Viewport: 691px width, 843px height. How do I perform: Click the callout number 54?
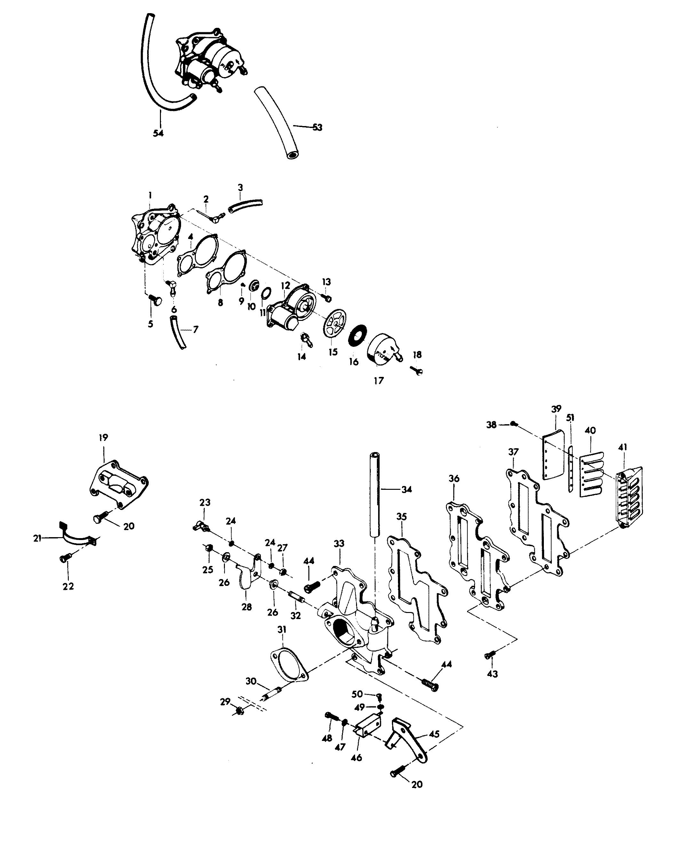coord(158,133)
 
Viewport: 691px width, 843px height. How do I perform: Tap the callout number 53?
coord(317,127)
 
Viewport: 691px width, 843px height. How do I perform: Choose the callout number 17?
coord(378,381)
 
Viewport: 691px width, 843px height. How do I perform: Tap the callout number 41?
coord(623,447)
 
